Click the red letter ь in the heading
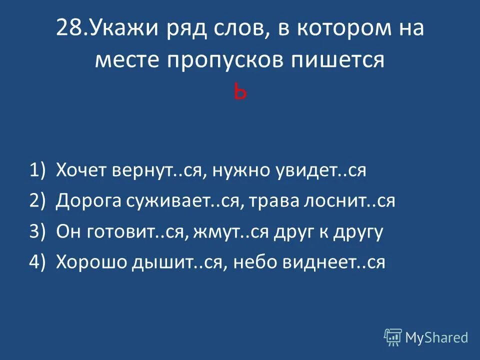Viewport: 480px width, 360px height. (240, 93)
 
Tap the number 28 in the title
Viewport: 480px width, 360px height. (67, 28)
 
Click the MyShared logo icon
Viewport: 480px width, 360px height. (393, 337)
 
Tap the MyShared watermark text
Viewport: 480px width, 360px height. (436, 337)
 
